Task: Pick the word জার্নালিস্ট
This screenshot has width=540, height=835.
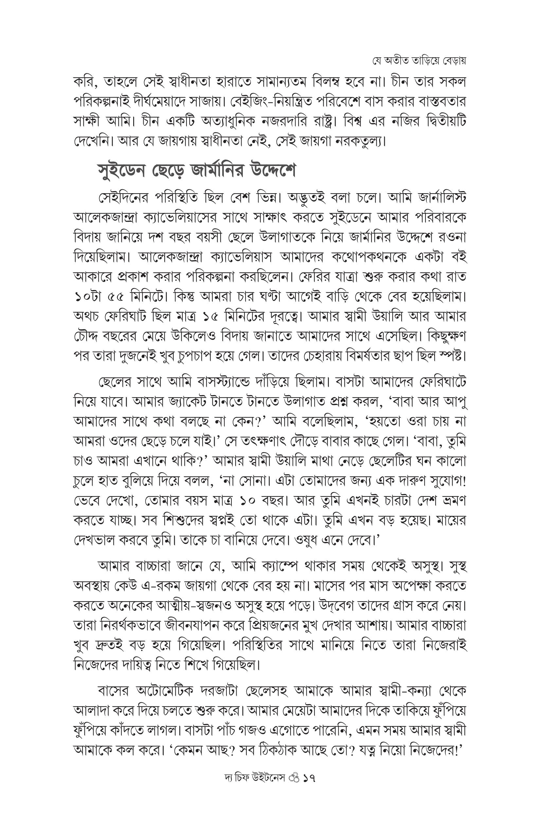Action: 443,197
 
